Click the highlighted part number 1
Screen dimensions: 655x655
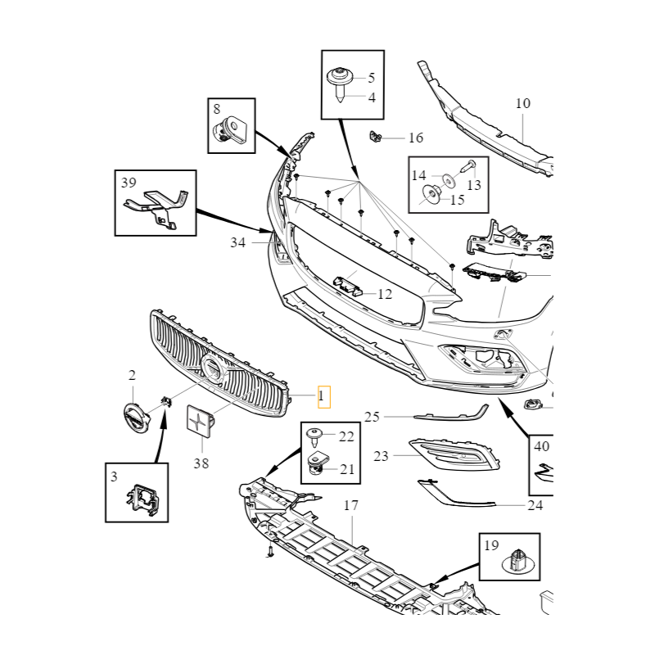[x=322, y=398]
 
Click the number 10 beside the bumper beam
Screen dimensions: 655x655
[x=523, y=104]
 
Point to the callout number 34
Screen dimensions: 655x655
[x=237, y=242]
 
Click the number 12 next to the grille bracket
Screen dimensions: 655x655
[x=385, y=294]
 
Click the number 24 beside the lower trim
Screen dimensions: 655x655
[x=535, y=505]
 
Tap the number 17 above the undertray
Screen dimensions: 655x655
[x=350, y=506]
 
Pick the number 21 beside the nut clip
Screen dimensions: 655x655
[x=347, y=469]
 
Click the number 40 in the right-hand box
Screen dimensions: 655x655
[x=541, y=447]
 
